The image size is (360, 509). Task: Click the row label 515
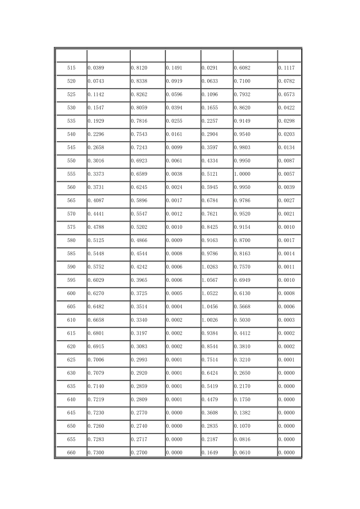[x=71, y=68]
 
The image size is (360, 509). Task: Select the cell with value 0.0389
[x=96, y=68]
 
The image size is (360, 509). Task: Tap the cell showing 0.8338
[x=139, y=81]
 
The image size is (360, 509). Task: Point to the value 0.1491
[x=174, y=68]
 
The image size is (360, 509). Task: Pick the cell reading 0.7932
[x=242, y=95]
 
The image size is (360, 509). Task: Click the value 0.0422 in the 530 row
[x=286, y=108]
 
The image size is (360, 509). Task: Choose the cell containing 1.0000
[x=242, y=174]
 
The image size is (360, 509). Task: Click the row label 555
[x=71, y=174]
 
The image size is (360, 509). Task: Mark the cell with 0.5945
[x=210, y=187]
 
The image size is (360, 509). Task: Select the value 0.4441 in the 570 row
[x=96, y=214]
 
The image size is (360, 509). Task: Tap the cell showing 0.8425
[x=210, y=227]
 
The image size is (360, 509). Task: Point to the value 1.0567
[x=210, y=280]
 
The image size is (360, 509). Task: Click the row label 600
[x=71, y=294]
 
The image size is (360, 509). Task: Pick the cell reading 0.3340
[x=139, y=320]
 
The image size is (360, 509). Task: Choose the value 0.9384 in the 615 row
[x=210, y=333]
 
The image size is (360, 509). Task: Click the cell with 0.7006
[x=96, y=360]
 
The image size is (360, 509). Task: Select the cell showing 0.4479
[x=210, y=400]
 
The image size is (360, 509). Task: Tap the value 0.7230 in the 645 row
[x=96, y=413]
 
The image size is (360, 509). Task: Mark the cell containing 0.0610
[x=242, y=453]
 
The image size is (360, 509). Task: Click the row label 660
[x=71, y=453]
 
